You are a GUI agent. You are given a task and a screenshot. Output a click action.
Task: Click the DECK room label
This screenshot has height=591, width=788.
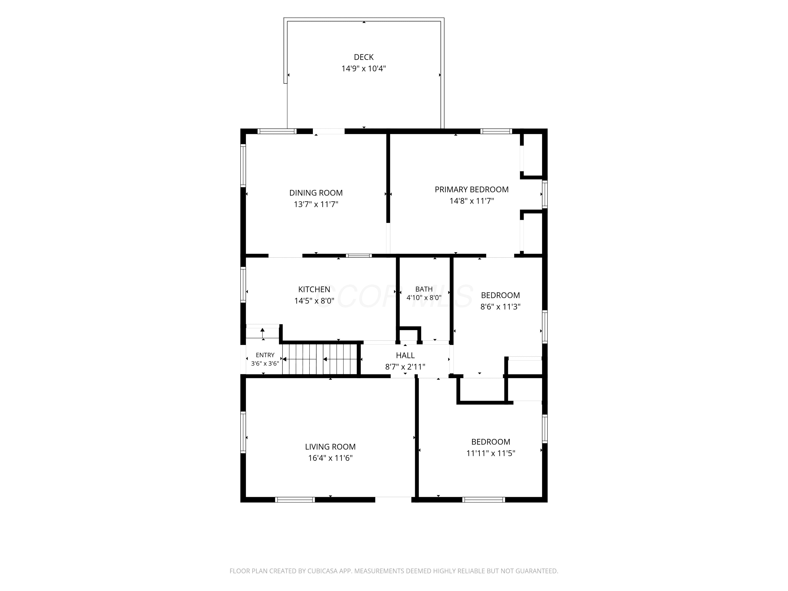pyautogui.click(x=364, y=57)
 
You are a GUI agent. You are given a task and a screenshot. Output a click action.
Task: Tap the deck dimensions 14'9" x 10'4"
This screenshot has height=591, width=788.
pyautogui.click(x=364, y=68)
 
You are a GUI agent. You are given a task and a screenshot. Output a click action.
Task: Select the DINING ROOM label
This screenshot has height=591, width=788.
pyautogui.click(x=316, y=193)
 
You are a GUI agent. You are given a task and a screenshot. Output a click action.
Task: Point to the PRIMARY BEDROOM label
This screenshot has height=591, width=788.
pyautogui.click(x=472, y=190)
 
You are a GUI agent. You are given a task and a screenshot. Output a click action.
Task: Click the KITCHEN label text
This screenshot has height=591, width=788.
pyautogui.click(x=314, y=289)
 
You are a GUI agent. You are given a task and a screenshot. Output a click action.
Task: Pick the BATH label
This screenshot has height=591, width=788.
pyautogui.click(x=424, y=289)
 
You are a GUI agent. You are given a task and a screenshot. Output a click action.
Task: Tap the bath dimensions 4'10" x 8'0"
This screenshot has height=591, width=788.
pyautogui.click(x=424, y=297)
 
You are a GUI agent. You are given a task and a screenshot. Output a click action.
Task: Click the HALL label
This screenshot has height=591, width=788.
pyautogui.click(x=405, y=355)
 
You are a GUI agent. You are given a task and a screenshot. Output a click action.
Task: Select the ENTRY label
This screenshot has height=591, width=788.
pyautogui.click(x=265, y=355)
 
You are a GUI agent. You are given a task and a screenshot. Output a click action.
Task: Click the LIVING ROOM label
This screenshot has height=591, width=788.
pyautogui.click(x=330, y=447)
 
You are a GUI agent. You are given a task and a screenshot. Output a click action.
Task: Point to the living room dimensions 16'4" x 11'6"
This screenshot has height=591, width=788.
pyautogui.click(x=330, y=458)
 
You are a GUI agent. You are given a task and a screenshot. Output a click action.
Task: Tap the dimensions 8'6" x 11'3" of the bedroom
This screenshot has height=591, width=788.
pyautogui.click(x=501, y=307)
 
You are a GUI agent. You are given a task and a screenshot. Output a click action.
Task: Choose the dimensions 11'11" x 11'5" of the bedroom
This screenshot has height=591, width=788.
pyautogui.click(x=491, y=453)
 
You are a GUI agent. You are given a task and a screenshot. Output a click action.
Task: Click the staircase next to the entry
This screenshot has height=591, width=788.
pyautogui.click(x=320, y=359)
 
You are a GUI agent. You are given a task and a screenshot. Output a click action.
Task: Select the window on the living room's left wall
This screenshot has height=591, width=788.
pyautogui.click(x=243, y=432)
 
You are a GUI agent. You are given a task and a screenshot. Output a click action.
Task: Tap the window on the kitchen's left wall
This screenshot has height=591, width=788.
pyautogui.click(x=243, y=285)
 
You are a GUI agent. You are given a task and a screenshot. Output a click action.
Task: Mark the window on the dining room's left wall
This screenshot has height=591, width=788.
pyautogui.click(x=243, y=165)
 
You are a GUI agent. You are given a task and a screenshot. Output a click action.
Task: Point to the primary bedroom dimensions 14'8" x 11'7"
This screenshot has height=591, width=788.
pyautogui.click(x=472, y=201)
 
